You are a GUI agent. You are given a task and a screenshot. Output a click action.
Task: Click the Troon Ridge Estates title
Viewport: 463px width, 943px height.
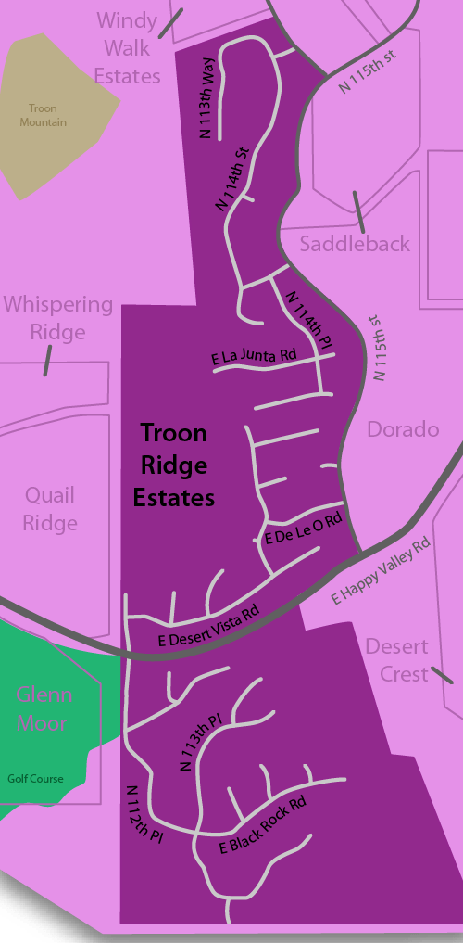point(173,465)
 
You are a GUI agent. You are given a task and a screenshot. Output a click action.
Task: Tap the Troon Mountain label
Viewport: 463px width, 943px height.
point(44,115)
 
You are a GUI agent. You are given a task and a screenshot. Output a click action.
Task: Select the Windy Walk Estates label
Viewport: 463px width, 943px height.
point(128,48)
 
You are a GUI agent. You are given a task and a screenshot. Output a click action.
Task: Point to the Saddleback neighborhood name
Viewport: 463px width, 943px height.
point(355,244)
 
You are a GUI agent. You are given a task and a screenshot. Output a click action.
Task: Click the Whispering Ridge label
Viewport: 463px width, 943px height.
point(57,318)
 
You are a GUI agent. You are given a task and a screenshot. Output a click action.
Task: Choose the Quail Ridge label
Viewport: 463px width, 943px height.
point(50,509)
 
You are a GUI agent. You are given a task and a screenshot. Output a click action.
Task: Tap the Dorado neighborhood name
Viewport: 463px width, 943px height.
point(403,429)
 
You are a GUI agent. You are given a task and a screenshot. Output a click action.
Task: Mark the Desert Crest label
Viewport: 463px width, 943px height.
point(397,659)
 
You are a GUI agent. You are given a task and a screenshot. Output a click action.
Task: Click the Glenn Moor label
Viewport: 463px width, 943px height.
point(44,707)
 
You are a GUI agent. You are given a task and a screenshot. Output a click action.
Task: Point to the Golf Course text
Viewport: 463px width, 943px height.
point(36,779)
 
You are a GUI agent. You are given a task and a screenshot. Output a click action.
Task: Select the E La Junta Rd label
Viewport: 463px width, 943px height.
point(253,356)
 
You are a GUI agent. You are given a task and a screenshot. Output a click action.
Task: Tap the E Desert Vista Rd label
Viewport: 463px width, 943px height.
point(207,626)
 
